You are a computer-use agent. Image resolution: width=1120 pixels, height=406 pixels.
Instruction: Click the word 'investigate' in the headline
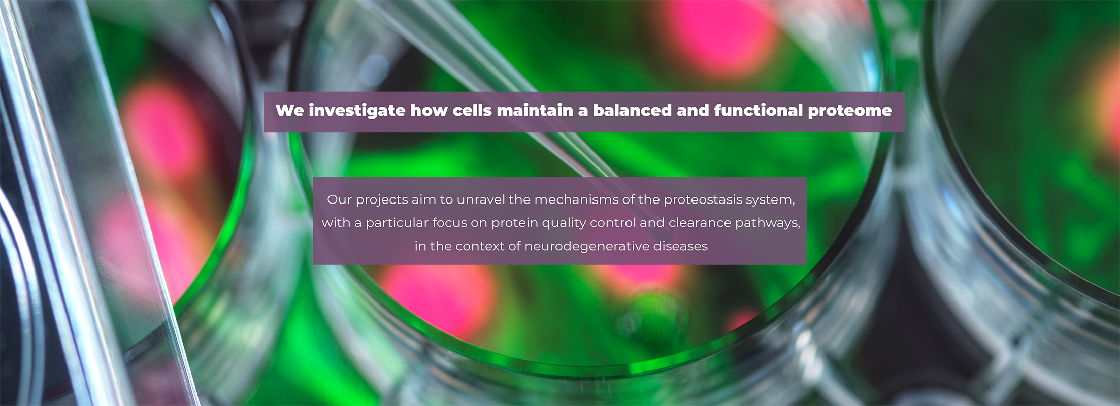pyautogui.click(x=357, y=111)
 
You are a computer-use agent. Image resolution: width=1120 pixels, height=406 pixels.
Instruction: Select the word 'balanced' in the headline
pyautogui.click(x=633, y=110)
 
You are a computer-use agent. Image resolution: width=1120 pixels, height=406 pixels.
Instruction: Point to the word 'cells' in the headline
pyautogui.click(x=472, y=110)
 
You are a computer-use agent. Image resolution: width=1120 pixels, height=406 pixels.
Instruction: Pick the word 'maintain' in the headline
pyautogui.click(x=535, y=110)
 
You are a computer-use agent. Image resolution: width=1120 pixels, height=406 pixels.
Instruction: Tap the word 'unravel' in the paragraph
pyautogui.click(x=481, y=199)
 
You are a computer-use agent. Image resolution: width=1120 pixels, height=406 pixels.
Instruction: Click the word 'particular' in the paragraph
pyautogui.click(x=398, y=223)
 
